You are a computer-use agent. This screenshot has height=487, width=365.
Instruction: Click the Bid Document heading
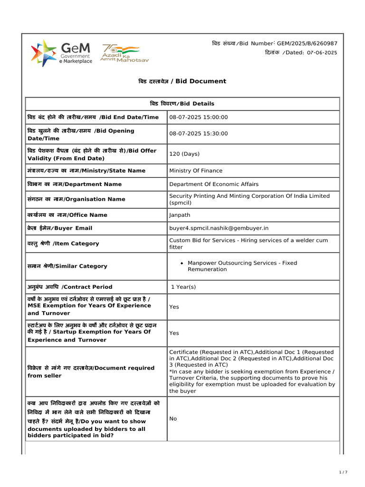pos(182,81)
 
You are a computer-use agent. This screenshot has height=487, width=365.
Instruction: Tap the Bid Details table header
pos(182,104)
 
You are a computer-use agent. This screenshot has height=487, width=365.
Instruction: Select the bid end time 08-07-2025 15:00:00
pos(199,117)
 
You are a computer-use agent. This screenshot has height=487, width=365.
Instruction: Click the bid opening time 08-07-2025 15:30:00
pos(199,134)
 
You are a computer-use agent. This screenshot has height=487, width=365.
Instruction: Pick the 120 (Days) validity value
pos(184,154)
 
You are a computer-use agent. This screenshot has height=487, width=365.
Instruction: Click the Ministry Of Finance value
pos(196,171)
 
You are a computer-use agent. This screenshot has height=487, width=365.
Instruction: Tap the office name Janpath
pos(179,215)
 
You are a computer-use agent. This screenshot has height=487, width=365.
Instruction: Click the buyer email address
pos(219,228)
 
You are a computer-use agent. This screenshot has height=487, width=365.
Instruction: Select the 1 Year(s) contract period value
pos(183,287)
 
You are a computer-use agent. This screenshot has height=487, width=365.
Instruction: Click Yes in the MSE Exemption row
pos(174,307)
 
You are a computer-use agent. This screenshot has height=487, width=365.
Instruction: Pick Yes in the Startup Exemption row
pos(174,333)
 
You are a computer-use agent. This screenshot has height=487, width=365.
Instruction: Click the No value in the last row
pos(173,419)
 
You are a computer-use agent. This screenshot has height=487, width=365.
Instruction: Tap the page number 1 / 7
pos(343,472)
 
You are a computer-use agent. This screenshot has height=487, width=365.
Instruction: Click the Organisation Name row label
pos(77,199)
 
